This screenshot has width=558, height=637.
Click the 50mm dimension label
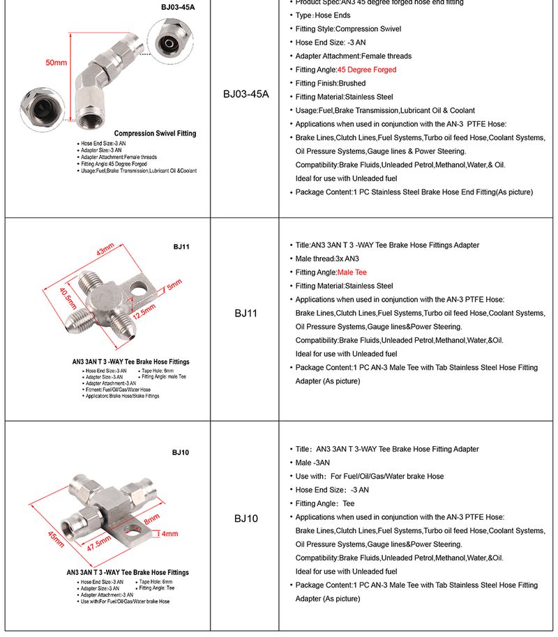[x=56, y=63]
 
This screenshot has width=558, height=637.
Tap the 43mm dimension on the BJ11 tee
[x=105, y=251]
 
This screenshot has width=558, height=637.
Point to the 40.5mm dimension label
[x=68, y=298]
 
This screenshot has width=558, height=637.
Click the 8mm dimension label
[x=151, y=519]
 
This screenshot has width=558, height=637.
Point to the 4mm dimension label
[x=170, y=534]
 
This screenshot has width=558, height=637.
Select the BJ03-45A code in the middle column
[x=246, y=94]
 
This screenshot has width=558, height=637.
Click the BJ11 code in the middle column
[x=246, y=314]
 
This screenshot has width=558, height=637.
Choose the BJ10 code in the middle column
[x=246, y=518]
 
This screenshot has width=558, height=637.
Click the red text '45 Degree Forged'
[x=367, y=70]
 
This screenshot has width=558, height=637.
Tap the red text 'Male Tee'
[x=352, y=273]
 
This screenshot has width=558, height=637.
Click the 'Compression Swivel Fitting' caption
[x=155, y=133]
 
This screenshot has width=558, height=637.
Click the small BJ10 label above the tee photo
[x=181, y=453]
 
